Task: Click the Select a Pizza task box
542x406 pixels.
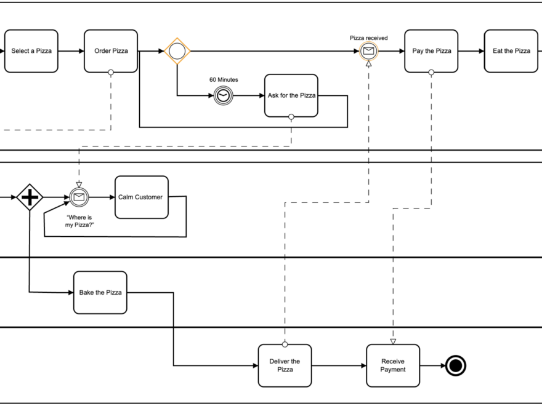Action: pos(31,51)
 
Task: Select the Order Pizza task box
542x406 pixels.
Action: pos(111,51)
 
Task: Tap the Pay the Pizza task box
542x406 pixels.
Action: pos(431,51)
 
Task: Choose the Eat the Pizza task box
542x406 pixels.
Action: pos(511,51)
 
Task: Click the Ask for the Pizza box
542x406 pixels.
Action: pos(291,95)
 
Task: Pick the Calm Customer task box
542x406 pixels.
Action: pos(141,197)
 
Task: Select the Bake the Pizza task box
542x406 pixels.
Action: pos(100,293)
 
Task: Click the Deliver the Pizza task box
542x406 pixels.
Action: pos(285,365)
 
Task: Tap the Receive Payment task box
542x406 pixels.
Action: pos(393,365)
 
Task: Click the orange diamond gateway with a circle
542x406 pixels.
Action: pos(177,51)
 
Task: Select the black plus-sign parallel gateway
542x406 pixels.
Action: pos(30,197)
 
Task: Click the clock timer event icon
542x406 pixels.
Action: pos(224,95)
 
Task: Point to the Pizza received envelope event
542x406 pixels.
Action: pos(368,52)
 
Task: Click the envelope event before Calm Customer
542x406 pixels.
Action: pos(79,197)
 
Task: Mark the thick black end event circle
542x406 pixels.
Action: pos(455,365)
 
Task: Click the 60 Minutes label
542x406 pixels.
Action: pos(224,80)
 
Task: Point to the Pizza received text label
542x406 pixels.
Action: pos(369,38)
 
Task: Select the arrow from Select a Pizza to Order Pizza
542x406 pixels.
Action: pos(71,51)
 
